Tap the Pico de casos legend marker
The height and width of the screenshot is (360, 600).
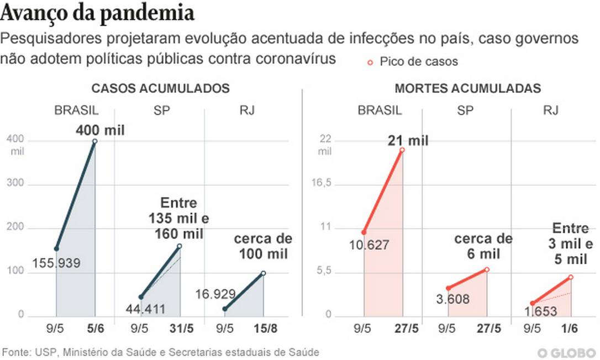click(371, 62)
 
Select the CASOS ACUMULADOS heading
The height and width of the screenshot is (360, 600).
click(160, 88)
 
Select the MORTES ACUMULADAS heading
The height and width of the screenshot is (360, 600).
click(467, 88)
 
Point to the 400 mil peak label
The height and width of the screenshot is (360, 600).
click(100, 130)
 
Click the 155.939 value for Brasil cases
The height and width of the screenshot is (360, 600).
click(56, 263)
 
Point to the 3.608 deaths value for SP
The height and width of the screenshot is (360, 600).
click(452, 300)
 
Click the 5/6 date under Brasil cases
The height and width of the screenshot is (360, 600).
click(94, 329)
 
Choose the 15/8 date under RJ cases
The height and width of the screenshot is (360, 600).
click(263, 329)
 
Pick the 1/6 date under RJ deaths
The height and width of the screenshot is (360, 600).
click(570, 329)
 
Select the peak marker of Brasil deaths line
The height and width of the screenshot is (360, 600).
click(402, 150)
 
